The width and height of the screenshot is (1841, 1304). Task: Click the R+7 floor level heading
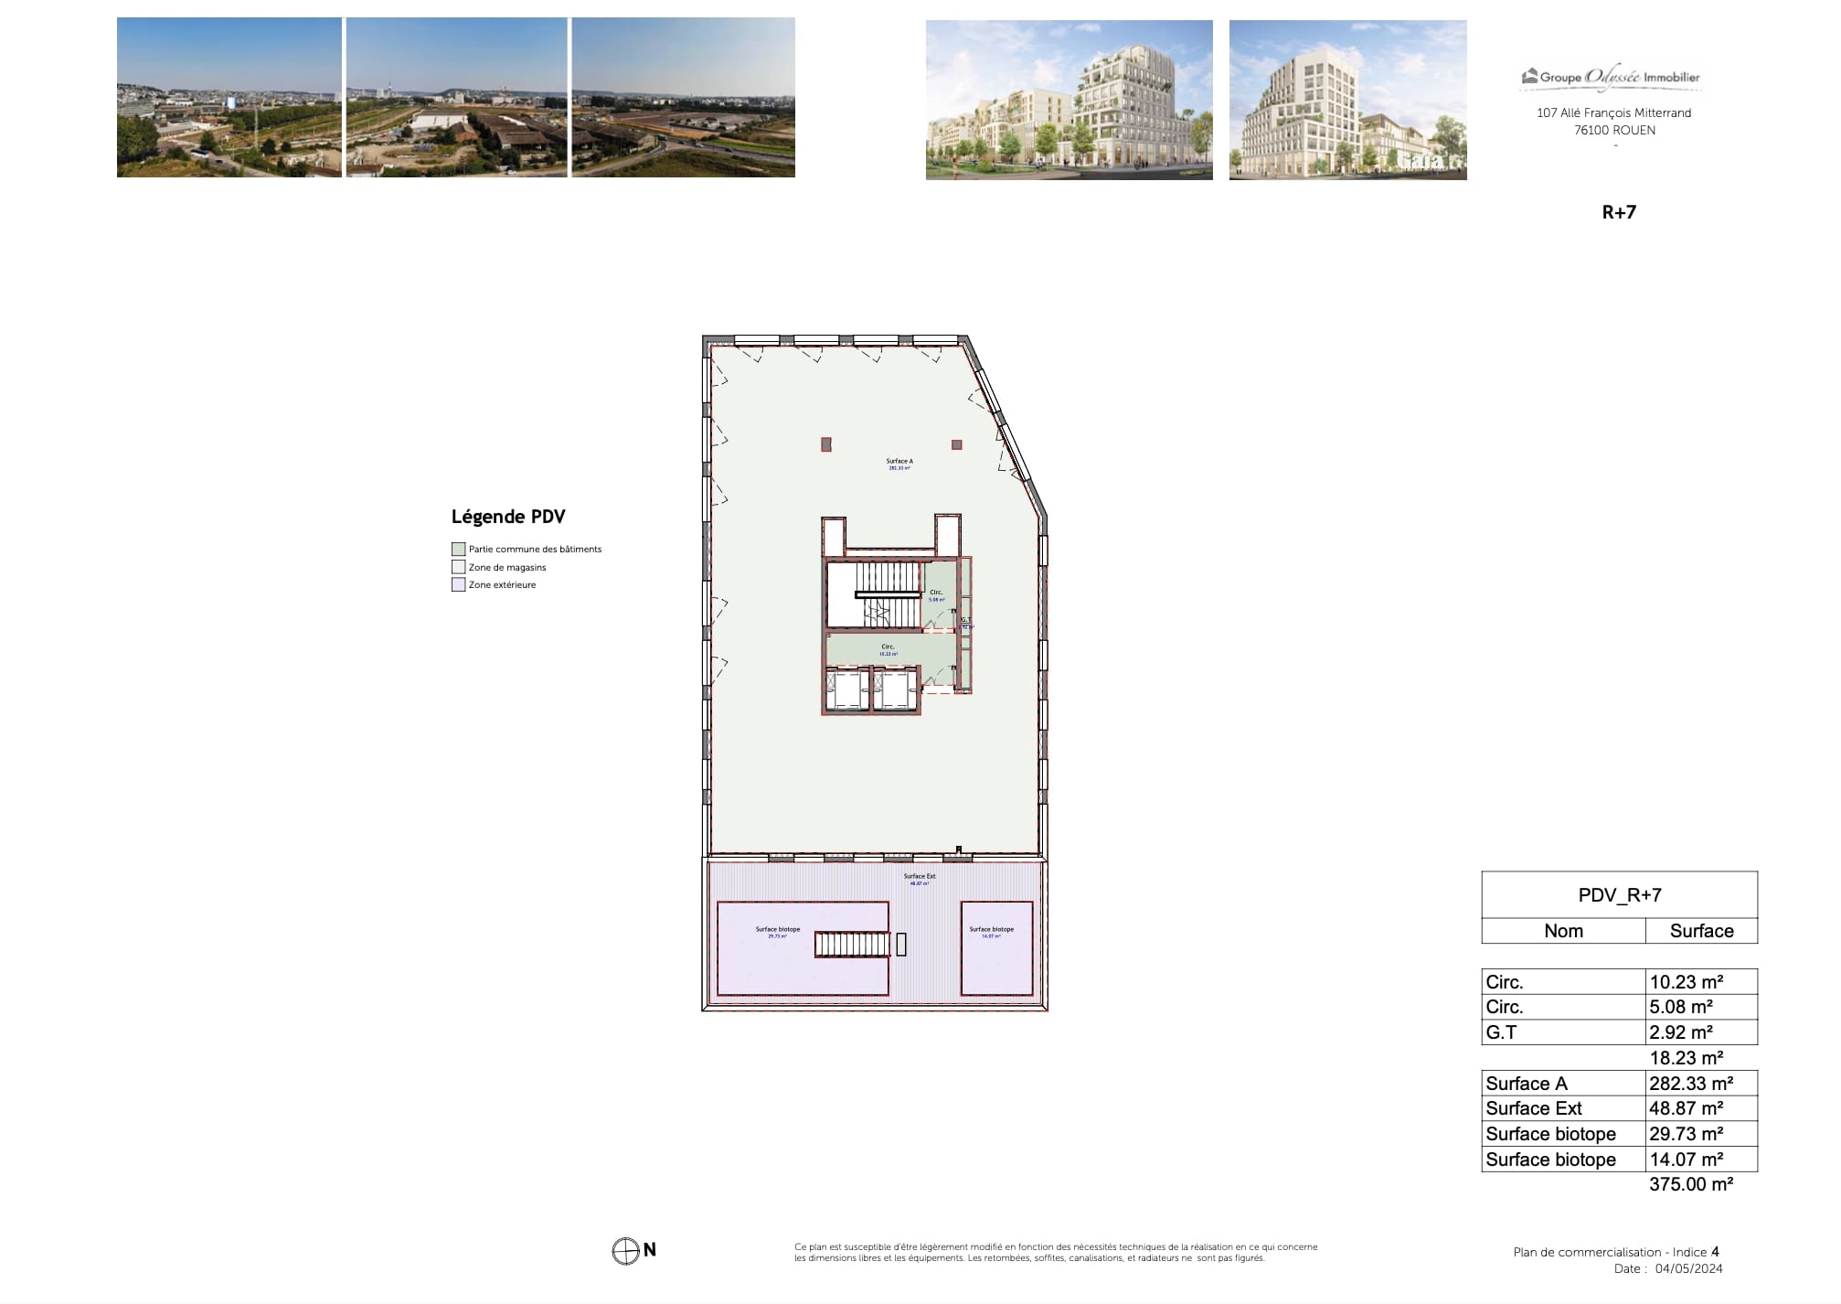click(x=1618, y=212)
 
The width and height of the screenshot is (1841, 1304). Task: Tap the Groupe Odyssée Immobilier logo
click(x=1611, y=78)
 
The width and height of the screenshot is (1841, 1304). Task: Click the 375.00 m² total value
click(x=1690, y=1184)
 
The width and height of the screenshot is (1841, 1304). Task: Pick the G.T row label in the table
click(x=1501, y=1032)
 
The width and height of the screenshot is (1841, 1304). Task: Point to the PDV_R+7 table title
click(x=1619, y=895)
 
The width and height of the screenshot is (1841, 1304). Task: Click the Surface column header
click(x=1700, y=931)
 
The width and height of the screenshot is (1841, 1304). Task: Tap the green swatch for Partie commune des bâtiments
click(x=458, y=550)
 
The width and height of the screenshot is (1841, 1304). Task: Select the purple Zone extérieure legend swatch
click(x=458, y=585)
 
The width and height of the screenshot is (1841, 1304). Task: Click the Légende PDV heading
click(x=508, y=517)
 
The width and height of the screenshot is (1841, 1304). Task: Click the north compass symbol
click(x=625, y=1251)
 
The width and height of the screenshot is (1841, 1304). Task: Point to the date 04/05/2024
click(x=1688, y=1268)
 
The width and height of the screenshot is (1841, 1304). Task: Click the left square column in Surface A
click(x=825, y=444)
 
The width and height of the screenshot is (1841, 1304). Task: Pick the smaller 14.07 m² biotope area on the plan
click(x=995, y=948)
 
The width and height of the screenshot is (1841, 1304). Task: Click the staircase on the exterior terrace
click(x=851, y=945)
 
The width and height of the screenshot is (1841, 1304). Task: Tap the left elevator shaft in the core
click(x=847, y=689)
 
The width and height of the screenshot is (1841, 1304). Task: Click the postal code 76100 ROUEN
click(x=1613, y=130)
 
